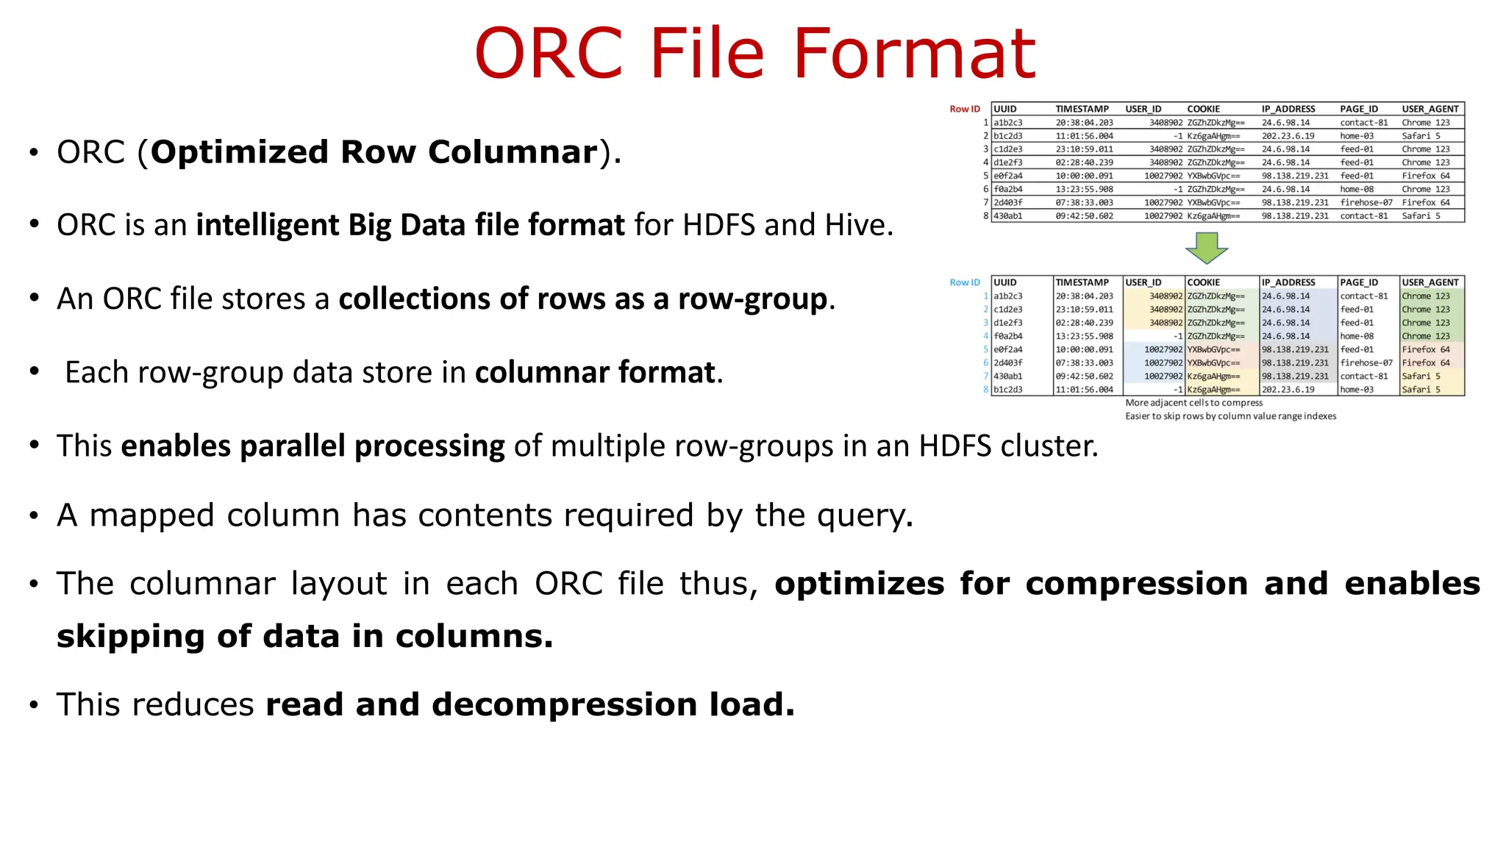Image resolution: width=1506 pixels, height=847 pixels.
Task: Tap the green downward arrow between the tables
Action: pyautogui.click(x=1206, y=248)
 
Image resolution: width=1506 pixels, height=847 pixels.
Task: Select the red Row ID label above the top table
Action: pyautogui.click(x=964, y=109)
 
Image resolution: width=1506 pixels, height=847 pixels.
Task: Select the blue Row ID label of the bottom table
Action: pyautogui.click(x=964, y=282)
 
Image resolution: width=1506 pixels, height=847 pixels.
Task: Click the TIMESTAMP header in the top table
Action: pyautogui.click(x=1082, y=109)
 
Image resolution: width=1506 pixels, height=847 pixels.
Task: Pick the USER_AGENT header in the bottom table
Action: pyautogui.click(x=1430, y=282)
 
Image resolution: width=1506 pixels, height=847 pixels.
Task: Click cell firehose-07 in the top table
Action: pyautogui.click(x=1366, y=202)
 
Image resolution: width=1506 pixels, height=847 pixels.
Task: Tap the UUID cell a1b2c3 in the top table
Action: pyautogui.click(x=1007, y=123)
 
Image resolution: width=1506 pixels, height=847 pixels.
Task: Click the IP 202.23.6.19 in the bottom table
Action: pyautogui.click(x=1288, y=390)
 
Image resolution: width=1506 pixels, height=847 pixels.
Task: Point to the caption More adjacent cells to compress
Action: pyautogui.click(x=1193, y=403)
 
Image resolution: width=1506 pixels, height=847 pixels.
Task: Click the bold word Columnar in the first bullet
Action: pyautogui.click(x=513, y=152)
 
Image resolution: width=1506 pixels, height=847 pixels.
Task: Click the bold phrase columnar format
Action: pyautogui.click(x=595, y=373)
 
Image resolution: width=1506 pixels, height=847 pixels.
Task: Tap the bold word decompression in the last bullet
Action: pyautogui.click(x=563, y=705)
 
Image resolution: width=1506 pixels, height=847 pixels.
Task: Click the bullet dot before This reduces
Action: pyautogui.click(x=34, y=706)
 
